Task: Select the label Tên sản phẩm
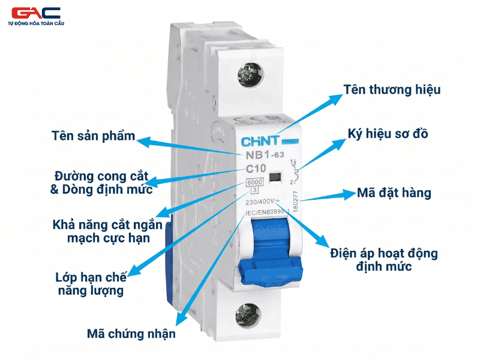pyautogui.click(x=93, y=135)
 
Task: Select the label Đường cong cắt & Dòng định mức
pyautogui.click(x=99, y=183)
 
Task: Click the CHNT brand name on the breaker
pyautogui.click(x=261, y=142)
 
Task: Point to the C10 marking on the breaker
pyautogui.click(x=257, y=170)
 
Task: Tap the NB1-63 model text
pyautogui.click(x=265, y=155)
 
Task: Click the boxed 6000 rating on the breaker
pyautogui.click(x=254, y=182)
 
